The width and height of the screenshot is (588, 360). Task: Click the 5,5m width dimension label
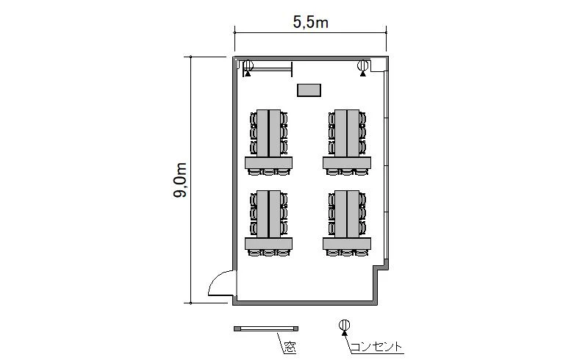[310, 23]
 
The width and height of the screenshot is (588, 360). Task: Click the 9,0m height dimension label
[180, 180]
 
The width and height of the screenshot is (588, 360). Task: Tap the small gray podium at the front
[309, 90]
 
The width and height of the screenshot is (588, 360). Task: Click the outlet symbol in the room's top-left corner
[248, 68]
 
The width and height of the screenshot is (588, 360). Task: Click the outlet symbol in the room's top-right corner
[362, 68]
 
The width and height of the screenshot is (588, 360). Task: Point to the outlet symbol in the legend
[344, 326]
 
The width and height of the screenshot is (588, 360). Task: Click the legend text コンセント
[376, 347]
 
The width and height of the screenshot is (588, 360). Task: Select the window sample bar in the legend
[266, 328]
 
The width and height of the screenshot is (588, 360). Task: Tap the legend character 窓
[290, 348]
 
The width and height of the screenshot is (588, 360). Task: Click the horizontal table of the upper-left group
[268, 163]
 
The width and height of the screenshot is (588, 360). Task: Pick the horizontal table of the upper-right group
[347, 163]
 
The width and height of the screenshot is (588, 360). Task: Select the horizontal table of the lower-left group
[268, 244]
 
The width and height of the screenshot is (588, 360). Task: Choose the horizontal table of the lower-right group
[347, 244]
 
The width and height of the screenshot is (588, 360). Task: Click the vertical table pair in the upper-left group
[268, 133]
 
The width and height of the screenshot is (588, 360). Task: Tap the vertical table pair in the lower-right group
[347, 214]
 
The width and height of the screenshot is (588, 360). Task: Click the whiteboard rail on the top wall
[268, 68]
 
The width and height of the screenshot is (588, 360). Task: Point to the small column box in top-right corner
[378, 65]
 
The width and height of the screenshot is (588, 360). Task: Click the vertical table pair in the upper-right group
[347, 133]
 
